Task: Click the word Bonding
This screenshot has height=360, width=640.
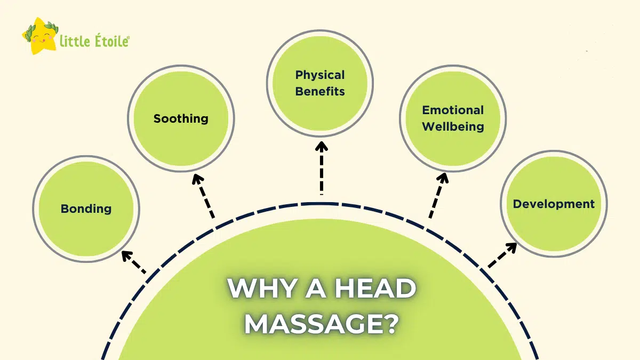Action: coord(86,209)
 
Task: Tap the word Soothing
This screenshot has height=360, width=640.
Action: coord(181,118)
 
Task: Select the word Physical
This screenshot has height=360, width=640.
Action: coord(320,75)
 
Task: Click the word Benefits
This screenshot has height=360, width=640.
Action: coord(320,91)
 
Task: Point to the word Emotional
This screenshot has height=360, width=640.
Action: coord(453,110)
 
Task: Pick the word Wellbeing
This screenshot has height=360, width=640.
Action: coord(453,126)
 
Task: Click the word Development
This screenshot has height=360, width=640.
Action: coord(554,204)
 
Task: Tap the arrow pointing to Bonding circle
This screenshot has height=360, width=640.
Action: coord(133,262)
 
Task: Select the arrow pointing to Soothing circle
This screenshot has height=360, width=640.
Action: coord(203,196)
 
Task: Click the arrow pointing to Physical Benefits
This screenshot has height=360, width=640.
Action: coord(322,168)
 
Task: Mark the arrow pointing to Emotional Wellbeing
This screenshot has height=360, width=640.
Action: coord(439,195)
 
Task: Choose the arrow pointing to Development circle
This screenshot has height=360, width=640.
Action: coord(502,255)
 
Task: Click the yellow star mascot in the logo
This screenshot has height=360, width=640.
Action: coord(41,36)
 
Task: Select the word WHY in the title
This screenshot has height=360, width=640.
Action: coord(262,288)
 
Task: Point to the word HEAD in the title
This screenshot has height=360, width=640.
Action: coord(375,288)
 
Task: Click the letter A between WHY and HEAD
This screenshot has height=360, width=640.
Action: coord(315,288)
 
